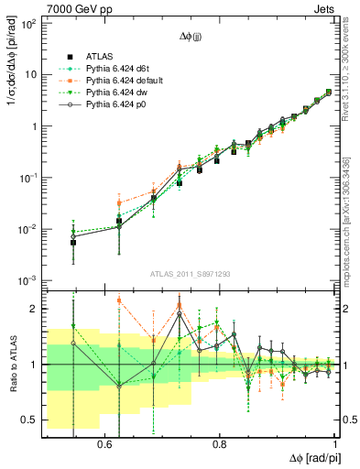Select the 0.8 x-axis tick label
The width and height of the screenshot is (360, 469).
coord(220,444)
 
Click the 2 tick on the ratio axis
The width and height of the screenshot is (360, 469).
coord(35,309)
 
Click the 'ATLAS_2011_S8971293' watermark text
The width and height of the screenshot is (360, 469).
coord(191,274)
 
